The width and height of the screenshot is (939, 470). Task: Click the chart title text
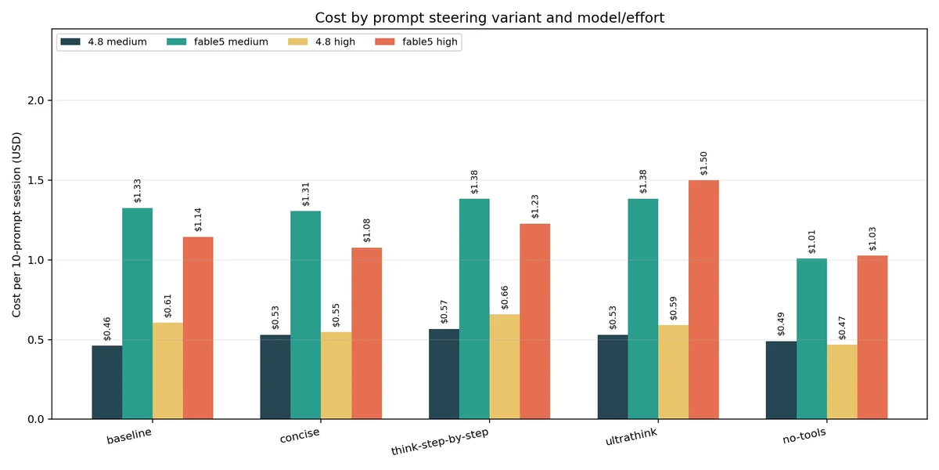point(489,17)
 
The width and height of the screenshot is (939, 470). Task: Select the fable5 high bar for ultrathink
point(703,299)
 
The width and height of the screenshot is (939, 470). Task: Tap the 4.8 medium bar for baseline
point(107,382)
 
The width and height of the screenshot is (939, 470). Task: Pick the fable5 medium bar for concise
point(306,315)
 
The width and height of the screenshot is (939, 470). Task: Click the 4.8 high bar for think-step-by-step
point(505,367)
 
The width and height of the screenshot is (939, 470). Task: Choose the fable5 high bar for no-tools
point(872,337)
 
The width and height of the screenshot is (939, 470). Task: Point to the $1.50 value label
point(703,163)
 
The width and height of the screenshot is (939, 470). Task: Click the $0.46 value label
point(107,328)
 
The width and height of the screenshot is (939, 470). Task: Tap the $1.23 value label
point(535,207)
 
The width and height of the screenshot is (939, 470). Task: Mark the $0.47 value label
point(842,327)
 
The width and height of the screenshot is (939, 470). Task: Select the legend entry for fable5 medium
point(218,42)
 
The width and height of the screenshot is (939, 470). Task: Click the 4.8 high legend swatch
point(297,42)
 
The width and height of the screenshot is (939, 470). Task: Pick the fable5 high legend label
point(430,42)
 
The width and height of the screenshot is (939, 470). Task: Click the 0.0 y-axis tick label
point(36,419)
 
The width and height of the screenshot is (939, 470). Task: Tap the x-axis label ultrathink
point(631,437)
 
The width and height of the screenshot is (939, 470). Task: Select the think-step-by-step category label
point(439,442)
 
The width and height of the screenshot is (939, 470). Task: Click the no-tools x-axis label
point(804,436)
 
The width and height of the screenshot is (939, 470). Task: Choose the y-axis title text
point(16,225)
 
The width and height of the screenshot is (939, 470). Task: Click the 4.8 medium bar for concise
point(275,377)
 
